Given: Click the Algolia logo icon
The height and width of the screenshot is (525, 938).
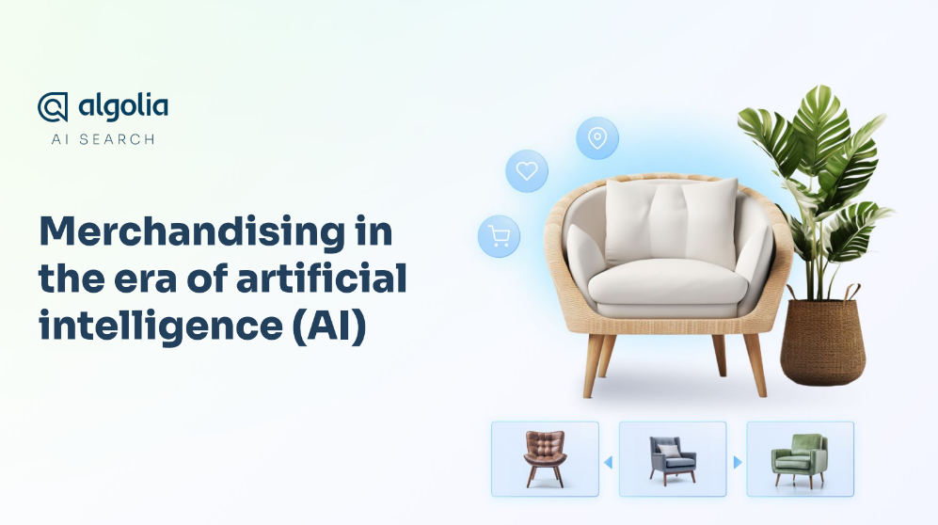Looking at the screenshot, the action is (53, 107).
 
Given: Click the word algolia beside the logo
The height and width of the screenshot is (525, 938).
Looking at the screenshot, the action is (123, 107).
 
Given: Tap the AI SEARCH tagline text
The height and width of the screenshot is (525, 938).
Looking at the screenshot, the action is (103, 139).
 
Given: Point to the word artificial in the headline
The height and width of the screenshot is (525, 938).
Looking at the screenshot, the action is (322, 278).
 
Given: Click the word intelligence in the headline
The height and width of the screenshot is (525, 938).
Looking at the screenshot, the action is (161, 326).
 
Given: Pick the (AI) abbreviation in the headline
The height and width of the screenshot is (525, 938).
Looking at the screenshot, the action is (329, 326).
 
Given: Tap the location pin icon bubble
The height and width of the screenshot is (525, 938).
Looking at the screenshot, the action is (597, 138).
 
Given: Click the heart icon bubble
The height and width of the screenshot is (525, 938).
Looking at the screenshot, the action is (527, 171).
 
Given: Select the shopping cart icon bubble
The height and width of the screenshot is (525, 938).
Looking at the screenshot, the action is (499, 236).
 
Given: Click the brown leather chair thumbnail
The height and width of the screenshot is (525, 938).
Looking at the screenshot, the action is (545, 458).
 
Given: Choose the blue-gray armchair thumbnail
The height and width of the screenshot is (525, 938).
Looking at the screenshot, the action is (673, 458).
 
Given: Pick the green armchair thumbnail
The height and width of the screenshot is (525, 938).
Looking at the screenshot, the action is (801, 458).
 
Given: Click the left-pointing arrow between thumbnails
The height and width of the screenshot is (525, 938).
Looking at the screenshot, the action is (609, 462).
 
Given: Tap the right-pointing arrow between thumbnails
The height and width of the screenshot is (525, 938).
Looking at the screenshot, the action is (738, 462).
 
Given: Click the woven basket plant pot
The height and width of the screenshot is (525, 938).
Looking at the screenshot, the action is (822, 341).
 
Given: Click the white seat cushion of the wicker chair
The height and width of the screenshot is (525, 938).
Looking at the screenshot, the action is (667, 284).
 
